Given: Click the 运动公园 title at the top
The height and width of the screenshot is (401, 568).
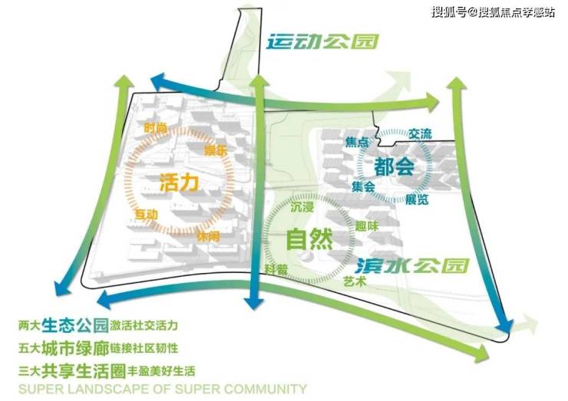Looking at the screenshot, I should (x=322, y=42).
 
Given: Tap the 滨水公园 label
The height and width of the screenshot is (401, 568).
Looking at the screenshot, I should (x=411, y=266).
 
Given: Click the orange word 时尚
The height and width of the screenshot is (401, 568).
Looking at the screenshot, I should (x=155, y=128).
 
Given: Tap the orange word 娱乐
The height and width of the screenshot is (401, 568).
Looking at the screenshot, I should (x=216, y=151).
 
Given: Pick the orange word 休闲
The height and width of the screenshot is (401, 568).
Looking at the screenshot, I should (x=207, y=237).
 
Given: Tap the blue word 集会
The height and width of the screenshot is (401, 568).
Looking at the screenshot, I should (x=362, y=186).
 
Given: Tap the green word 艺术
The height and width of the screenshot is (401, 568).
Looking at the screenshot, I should (x=355, y=282).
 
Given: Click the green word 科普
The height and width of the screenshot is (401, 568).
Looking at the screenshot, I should (x=276, y=269).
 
